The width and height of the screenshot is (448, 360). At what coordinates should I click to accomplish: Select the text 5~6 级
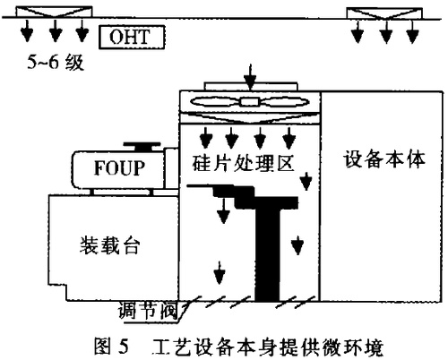[54, 64]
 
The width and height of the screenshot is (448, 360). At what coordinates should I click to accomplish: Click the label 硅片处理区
[238, 164]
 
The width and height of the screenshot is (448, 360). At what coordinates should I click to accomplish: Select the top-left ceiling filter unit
[56, 13]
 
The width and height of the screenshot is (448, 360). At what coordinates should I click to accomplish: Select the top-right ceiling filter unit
[383, 13]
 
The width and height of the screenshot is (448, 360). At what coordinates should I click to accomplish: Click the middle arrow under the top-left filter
[56, 31]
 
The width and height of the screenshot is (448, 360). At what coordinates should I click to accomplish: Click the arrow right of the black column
[297, 242]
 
